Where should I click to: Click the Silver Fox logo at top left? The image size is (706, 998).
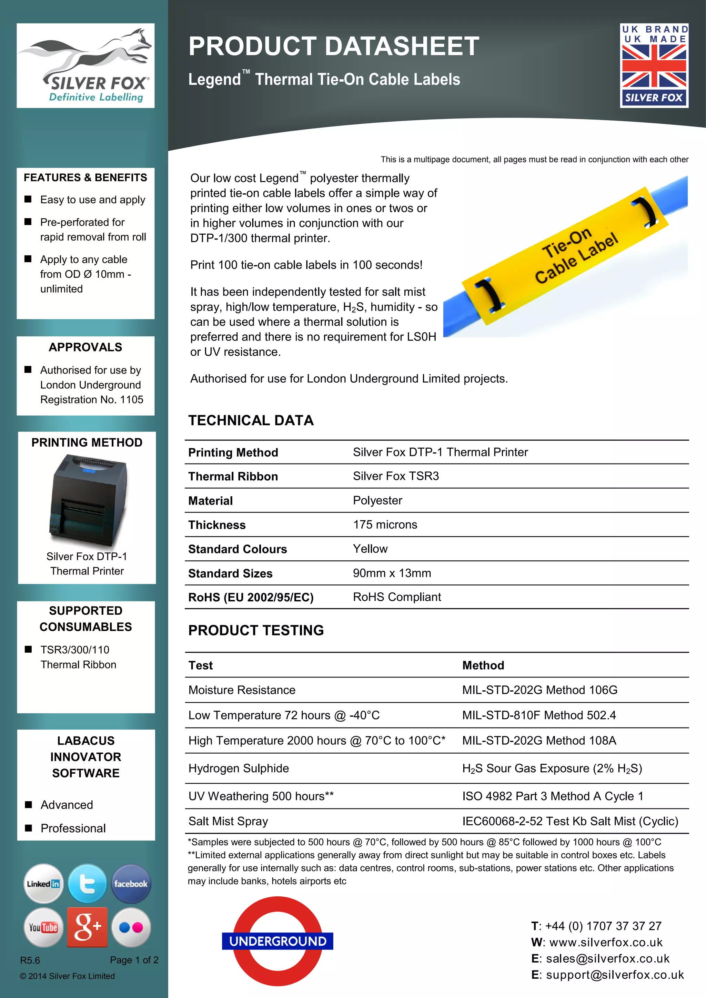[85, 65]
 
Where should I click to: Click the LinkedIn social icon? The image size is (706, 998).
[43, 884]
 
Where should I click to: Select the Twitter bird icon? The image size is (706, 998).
[87, 884]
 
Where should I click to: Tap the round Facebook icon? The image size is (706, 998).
[131, 884]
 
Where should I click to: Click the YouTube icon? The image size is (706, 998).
[43, 927]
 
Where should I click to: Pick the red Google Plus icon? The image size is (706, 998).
[87, 927]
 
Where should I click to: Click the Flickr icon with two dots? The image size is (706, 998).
[131, 927]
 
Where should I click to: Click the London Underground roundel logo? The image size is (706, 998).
[278, 941]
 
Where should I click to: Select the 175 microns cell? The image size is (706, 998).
[385, 525]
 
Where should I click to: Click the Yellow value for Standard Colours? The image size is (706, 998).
[370, 549]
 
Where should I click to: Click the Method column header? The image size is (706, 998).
[483, 665]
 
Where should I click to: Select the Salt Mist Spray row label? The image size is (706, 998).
[228, 821]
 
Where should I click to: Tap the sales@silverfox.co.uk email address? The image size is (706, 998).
[607, 958]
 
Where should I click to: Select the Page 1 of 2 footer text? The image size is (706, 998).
[134, 960]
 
